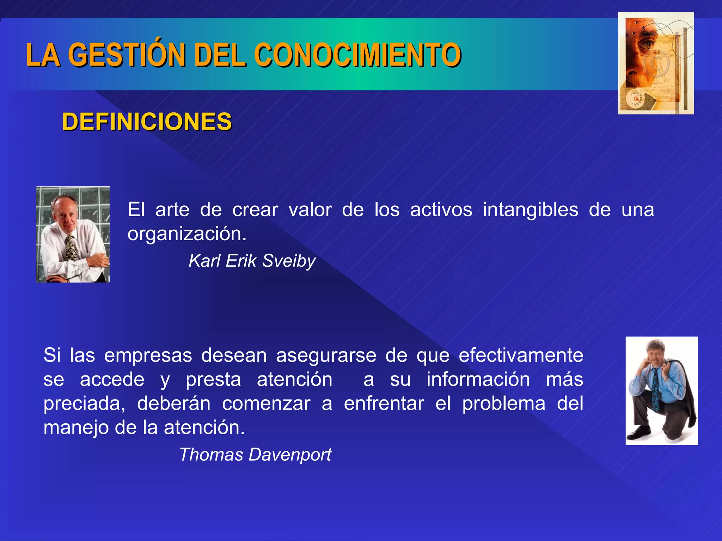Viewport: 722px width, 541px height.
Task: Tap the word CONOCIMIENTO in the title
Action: click(357, 55)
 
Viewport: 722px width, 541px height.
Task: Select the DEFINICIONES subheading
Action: click(147, 122)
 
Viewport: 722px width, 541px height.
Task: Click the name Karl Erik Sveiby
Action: click(252, 261)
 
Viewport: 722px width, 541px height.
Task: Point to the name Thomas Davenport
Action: click(255, 454)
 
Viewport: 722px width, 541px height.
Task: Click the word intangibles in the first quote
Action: click(530, 210)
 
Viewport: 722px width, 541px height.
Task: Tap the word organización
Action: click(186, 234)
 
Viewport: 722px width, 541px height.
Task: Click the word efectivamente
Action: click(521, 355)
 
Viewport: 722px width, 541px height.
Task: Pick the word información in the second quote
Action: click(478, 379)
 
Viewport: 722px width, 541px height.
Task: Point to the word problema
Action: click(504, 403)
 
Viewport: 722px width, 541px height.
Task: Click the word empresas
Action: click(148, 355)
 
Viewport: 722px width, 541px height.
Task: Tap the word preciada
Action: click(84, 403)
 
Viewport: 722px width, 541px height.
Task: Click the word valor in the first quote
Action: click(310, 210)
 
